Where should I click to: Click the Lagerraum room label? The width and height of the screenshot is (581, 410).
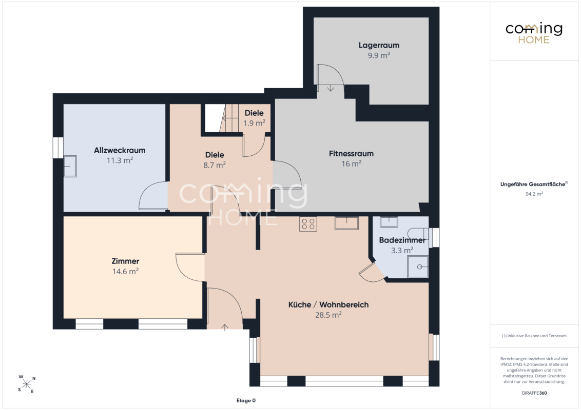pyautogui.click(x=379, y=45)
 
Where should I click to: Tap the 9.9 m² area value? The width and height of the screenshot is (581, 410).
pyautogui.click(x=379, y=55)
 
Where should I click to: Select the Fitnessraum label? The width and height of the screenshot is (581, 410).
pyautogui.click(x=351, y=154)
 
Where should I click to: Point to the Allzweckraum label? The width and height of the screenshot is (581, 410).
pyautogui.click(x=120, y=150)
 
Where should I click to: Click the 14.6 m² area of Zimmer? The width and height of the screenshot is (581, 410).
pyautogui.click(x=125, y=271)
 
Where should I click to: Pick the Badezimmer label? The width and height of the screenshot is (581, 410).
pyautogui.click(x=402, y=240)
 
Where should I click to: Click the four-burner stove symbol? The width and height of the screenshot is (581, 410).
pyautogui.click(x=308, y=224)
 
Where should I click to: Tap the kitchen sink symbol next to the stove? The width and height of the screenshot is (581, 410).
pyautogui.click(x=346, y=223)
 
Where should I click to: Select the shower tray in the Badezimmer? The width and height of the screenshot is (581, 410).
pyautogui.click(x=418, y=266)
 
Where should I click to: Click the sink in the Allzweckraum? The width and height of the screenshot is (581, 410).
pyautogui.click(x=70, y=166)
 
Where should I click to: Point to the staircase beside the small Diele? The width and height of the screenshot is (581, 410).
pyautogui.click(x=230, y=118)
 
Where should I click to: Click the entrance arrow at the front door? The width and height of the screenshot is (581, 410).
pyautogui.click(x=225, y=327)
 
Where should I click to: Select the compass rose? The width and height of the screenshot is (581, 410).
pyautogui.click(x=27, y=384)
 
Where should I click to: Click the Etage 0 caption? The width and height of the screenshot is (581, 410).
pyautogui.click(x=246, y=400)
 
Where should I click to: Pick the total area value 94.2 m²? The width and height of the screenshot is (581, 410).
pyautogui.click(x=534, y=194)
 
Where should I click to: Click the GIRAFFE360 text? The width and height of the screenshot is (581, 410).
pyautogui.click(x=534, y=393)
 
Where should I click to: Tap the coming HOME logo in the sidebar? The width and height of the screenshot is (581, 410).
pyautogui.click(x=534, y=33)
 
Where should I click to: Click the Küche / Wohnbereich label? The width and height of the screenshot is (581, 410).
pyautogui.click(x=328, y=304)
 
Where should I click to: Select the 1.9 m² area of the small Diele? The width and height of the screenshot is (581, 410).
pyautogui.click(x=254, y=123)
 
